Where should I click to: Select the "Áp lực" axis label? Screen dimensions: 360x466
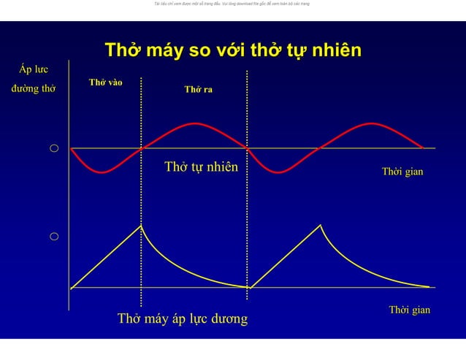coord(34,70)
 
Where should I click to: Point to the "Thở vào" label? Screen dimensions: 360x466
coord(105,83)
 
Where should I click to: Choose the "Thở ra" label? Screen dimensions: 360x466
coord(198,90)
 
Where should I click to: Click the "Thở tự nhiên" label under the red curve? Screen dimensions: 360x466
coord(201,166)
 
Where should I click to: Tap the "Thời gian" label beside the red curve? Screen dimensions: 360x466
coord(402,172)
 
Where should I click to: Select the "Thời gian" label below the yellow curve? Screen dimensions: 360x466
coord(409,310)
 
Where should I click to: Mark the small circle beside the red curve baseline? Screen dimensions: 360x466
coord(54,149)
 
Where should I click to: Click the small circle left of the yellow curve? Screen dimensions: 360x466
coord(54,237)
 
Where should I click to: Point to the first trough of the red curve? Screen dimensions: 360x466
coord(104,172)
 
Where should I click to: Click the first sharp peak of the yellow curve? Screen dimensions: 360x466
coord(141,226)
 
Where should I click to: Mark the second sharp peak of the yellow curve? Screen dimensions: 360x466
coord(320,226)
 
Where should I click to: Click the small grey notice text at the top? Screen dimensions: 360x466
coord(232,4)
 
